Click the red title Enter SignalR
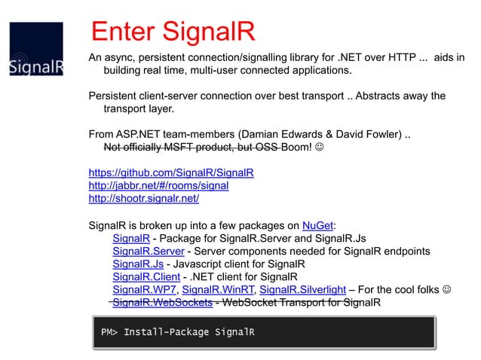[173, 32]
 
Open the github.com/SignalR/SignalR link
[171, 172]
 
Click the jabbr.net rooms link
[158, 185]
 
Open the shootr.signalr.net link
[144, 199]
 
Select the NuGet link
[317, 224]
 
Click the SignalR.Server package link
[147, 252]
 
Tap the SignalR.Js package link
[138, 264]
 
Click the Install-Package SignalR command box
[263, 332]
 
